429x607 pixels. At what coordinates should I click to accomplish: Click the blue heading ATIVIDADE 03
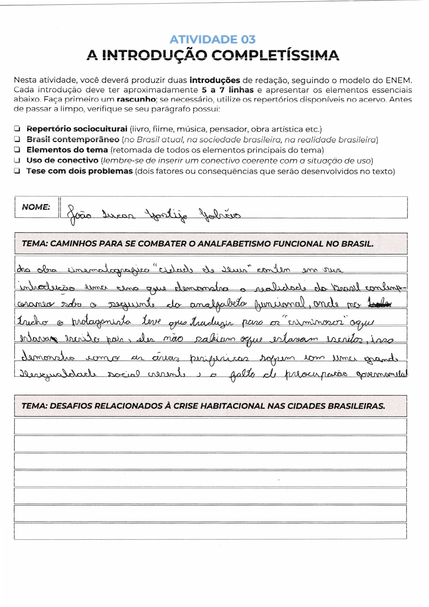[212, 39]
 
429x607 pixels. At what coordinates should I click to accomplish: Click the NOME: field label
[36, 207]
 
